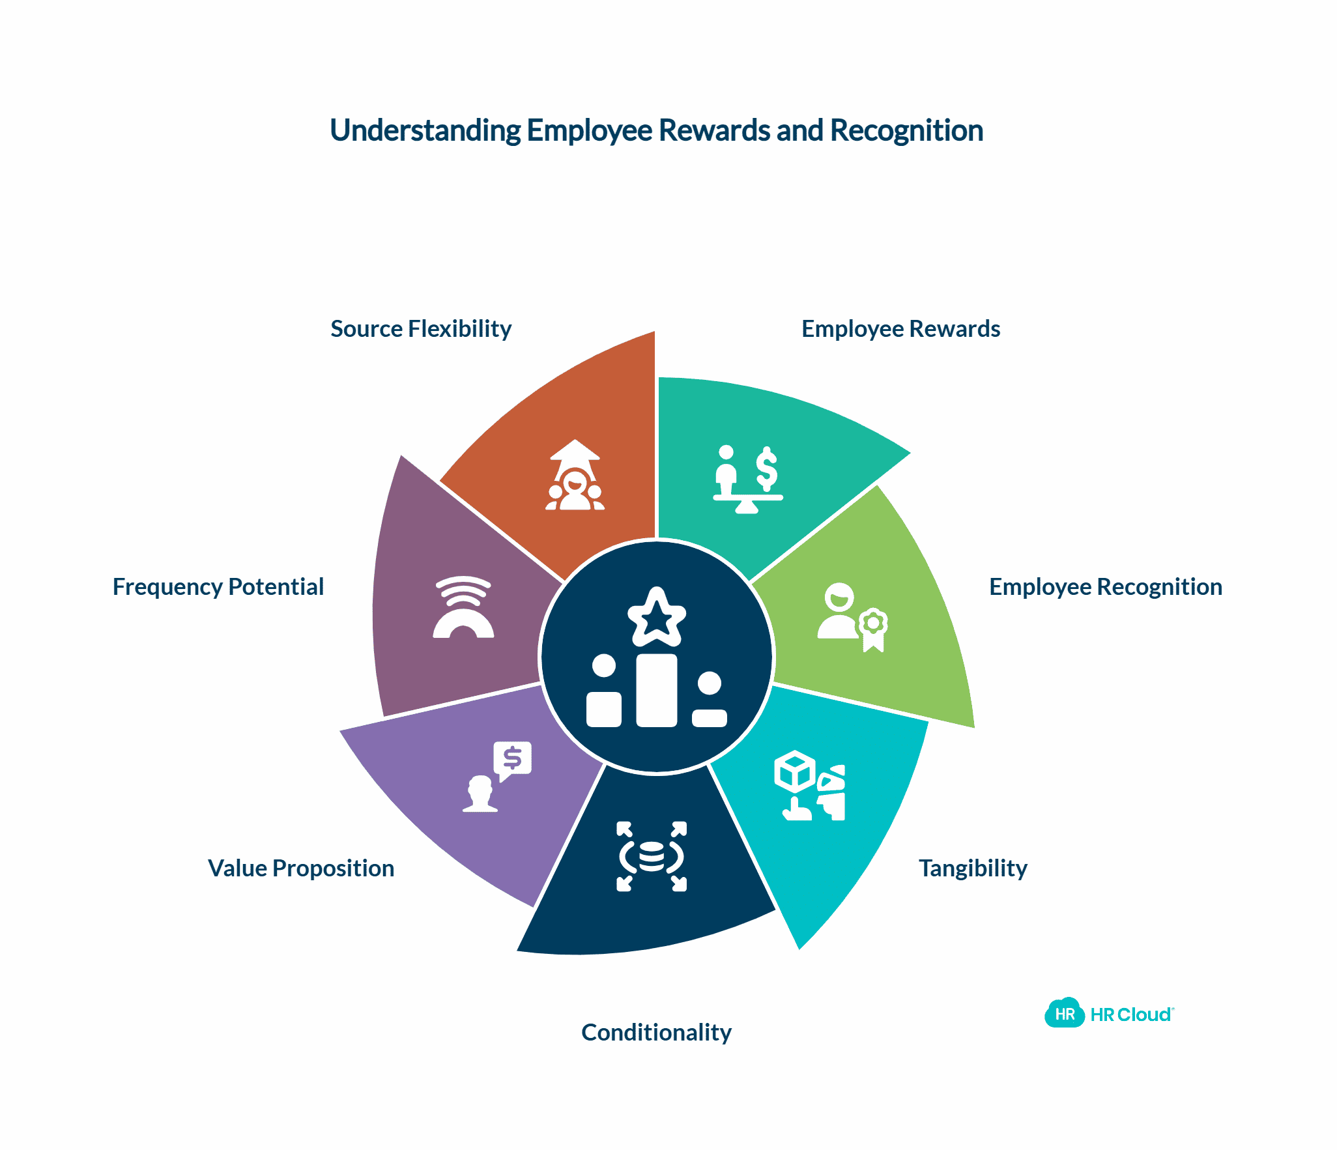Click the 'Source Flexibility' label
(421, 329)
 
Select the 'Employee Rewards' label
(900, 329)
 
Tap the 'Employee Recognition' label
(1105, 587)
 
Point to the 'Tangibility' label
(973, 869)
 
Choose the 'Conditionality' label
(656, 1033)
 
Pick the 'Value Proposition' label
(301, 869)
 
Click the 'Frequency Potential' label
(218, 587)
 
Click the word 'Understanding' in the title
(425, 130)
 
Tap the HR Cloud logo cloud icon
(1064, 1013)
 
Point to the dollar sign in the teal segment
(767, 469)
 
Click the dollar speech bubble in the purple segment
(513, 759)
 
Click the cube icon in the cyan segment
(795, 771)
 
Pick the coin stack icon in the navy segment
(652, 856)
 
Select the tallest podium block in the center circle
(656, 690)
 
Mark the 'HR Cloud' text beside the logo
(1131, 1014)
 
